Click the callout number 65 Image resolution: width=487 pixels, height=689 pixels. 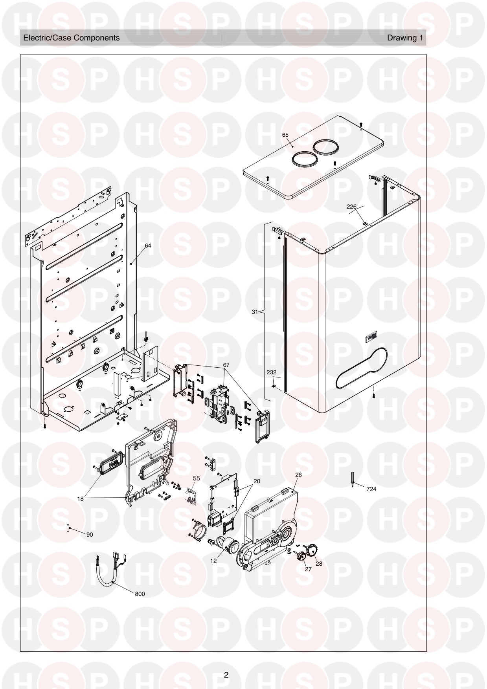tap(285, 135)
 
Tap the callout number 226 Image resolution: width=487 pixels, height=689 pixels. tap(351, 206)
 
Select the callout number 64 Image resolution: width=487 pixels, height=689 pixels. tap(148, 246)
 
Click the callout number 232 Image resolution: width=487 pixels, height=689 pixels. tap(272, 372)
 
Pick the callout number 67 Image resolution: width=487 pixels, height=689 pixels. tap(226, 365)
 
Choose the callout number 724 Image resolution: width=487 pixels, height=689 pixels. tap(371, 489)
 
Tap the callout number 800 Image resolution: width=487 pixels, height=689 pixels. tap(140, 594)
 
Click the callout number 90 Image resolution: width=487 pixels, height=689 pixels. tap(90, 535)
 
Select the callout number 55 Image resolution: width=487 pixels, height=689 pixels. tap(197, 478)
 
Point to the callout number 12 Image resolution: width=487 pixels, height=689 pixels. tap(213, 561)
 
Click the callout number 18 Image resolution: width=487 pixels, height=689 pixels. tap(80, 499)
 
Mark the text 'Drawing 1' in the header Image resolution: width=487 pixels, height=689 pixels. tap(405, 38)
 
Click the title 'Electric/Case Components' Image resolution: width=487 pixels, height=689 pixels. tap(72, 38)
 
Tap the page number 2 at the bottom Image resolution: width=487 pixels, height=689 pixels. tap(226, 675)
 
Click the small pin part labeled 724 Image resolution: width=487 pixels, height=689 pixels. tap(353, 479)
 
